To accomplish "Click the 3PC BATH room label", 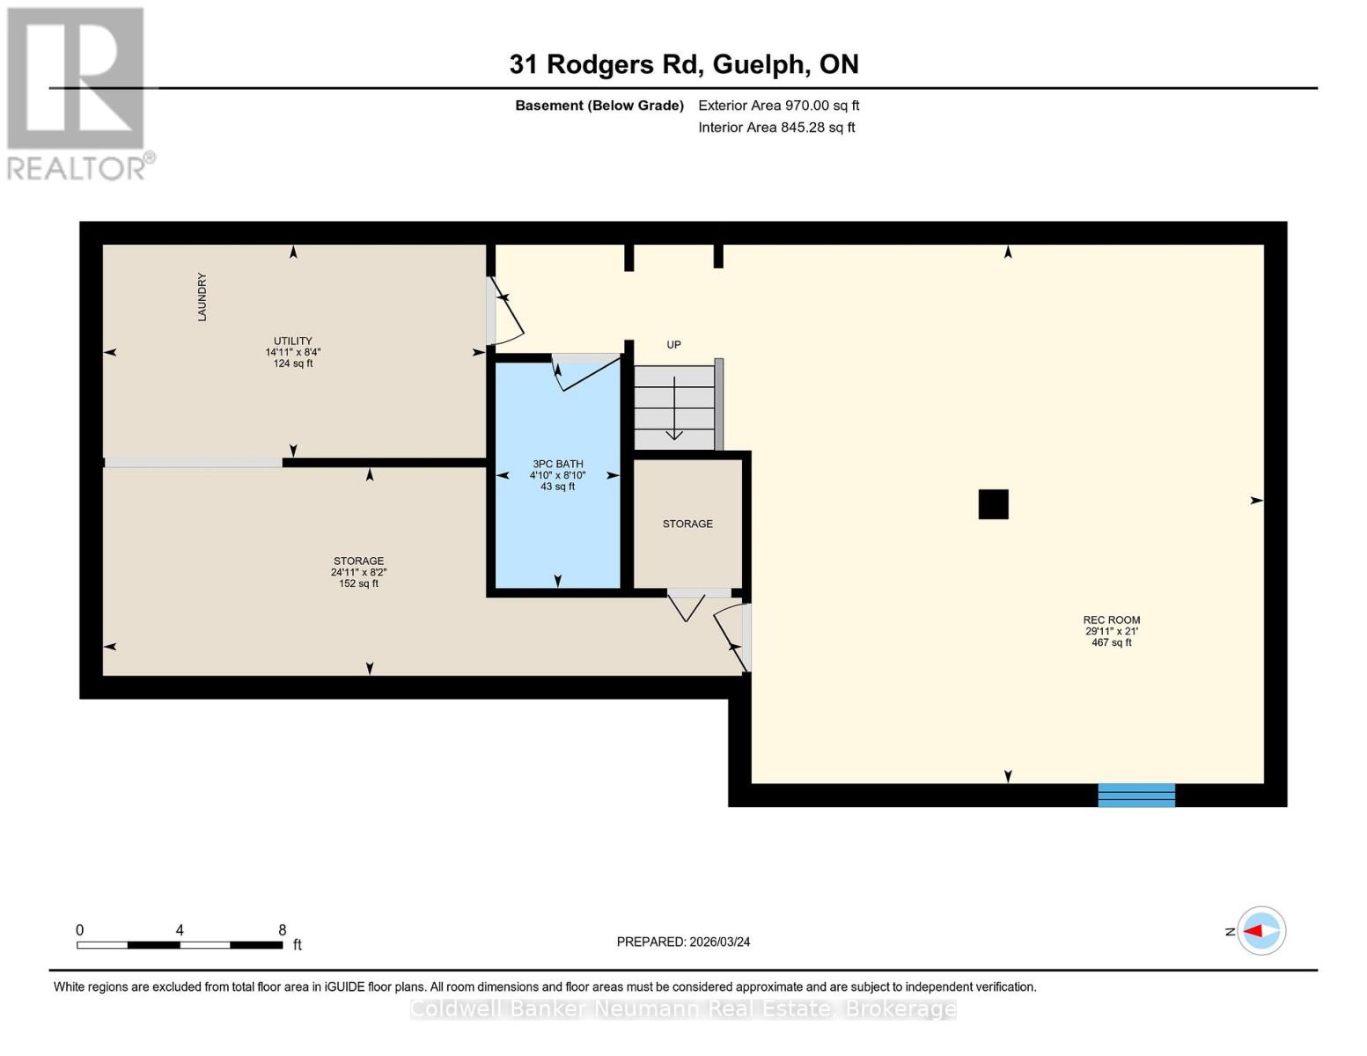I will coord(557,464).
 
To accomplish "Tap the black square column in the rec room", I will coord(993,504).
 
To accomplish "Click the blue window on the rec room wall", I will coord(1135,795).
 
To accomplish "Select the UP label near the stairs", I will coord(673,345).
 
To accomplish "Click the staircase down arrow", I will coord(673,409).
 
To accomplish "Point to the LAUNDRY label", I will coord(202,297).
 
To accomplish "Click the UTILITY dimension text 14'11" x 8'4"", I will coord(293,352).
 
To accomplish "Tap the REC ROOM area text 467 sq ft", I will coord(1111,642).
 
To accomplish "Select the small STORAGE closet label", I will coord(687,524).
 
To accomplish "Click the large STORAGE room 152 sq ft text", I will coord(358,583).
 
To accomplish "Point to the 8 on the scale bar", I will coord(283,930).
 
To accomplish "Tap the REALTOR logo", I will coord(77,92).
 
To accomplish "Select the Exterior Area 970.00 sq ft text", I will coord(778,106).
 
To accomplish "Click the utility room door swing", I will coord(506,312).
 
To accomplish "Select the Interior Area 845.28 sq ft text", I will coord(776,128).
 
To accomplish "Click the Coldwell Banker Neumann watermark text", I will coord(683,1009).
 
